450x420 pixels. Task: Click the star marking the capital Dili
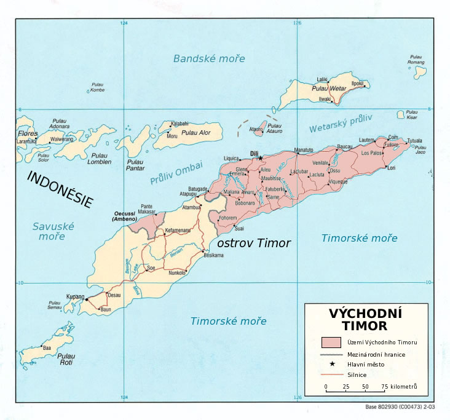(259, 158)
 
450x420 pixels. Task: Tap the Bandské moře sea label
(209, 59)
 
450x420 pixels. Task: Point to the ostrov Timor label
(254, 243)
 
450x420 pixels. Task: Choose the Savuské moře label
(53, 231)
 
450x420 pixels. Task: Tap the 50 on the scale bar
(365, 386)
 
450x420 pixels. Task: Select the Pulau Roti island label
(66, 359)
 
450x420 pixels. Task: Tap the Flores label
(27, 133)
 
